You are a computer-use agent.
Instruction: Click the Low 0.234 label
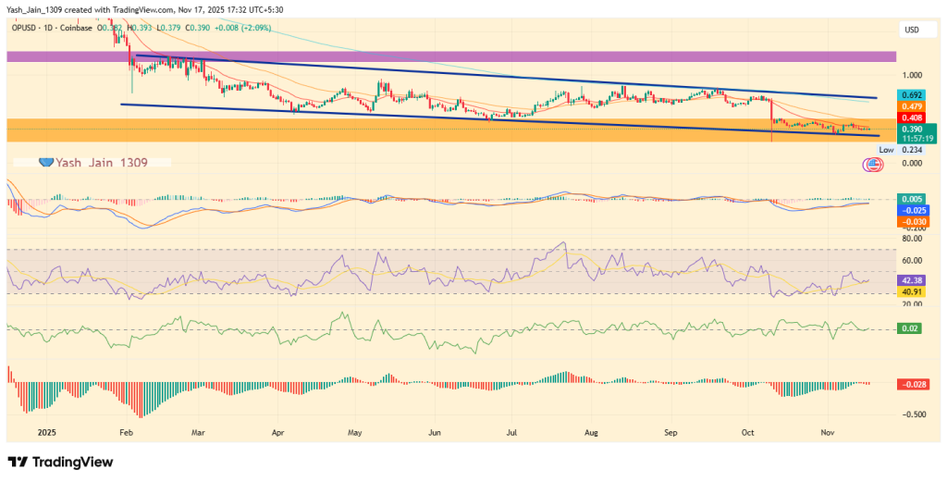point(895,149)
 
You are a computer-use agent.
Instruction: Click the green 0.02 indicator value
point(910,328)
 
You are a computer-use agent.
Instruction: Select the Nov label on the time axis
point(828,432)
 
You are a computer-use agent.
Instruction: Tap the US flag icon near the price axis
point(871,166)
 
